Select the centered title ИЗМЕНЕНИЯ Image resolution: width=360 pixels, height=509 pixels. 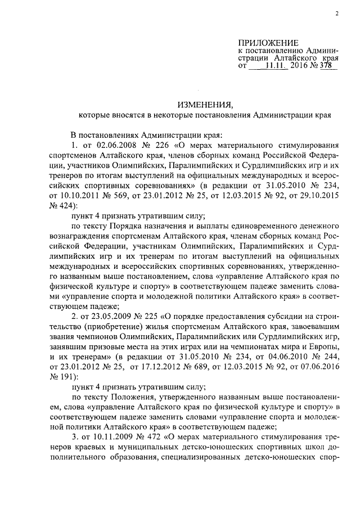(x=205, y=105)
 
